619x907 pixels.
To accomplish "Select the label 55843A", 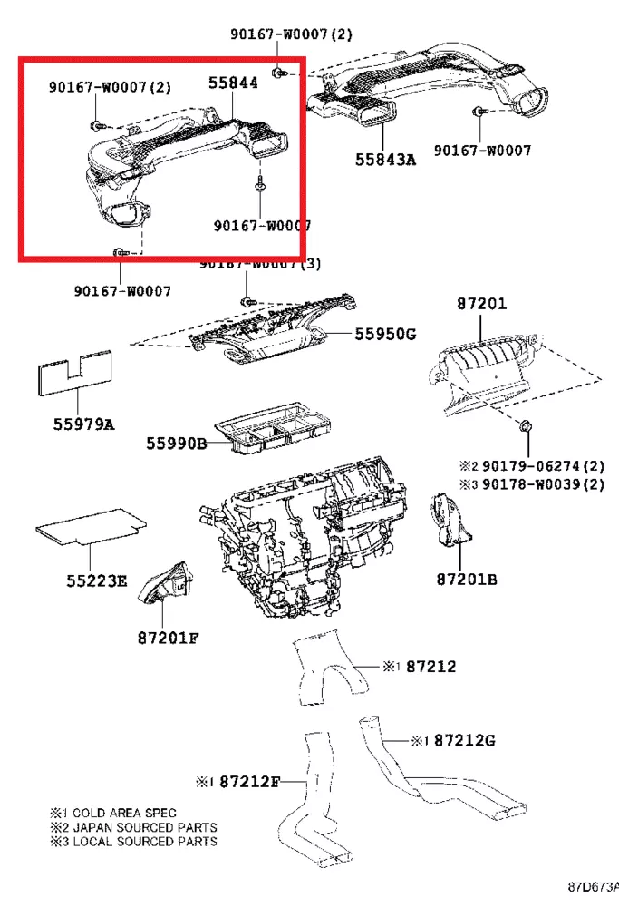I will [x=385, y=160].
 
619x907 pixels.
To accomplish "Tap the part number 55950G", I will [x=384, y=335].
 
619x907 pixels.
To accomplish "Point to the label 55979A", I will [x=82, y=424].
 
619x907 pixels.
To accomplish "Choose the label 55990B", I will [x=178, y=444].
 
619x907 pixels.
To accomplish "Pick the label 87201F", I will [x=168, y=637].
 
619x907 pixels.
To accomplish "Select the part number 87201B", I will [x=466, y=579].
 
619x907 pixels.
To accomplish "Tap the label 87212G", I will [x=465, y=741].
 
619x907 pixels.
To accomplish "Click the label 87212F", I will [x=250, y=781].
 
